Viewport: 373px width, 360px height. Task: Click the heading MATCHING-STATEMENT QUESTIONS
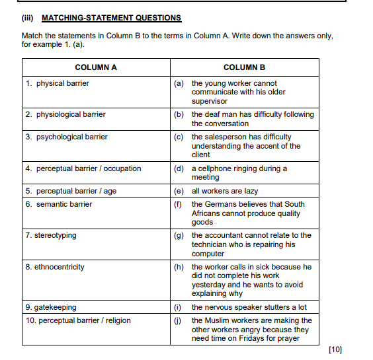[111, 18]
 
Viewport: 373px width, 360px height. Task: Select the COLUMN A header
[96, 67]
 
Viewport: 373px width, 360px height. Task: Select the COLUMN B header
[244, 67]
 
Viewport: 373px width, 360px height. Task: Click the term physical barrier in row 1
[62, 83]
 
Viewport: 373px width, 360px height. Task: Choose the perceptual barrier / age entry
[71, 191]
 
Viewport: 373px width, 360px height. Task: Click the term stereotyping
[51, 235]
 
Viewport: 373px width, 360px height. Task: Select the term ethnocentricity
[55, 267]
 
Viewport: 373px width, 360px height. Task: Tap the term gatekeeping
[51, 307]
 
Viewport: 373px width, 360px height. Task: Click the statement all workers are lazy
[225, 191]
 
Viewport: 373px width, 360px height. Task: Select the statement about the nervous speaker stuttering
[249, 307]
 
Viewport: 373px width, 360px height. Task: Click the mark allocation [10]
[335, 349]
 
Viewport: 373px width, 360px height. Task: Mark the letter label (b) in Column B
[179, 114]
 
